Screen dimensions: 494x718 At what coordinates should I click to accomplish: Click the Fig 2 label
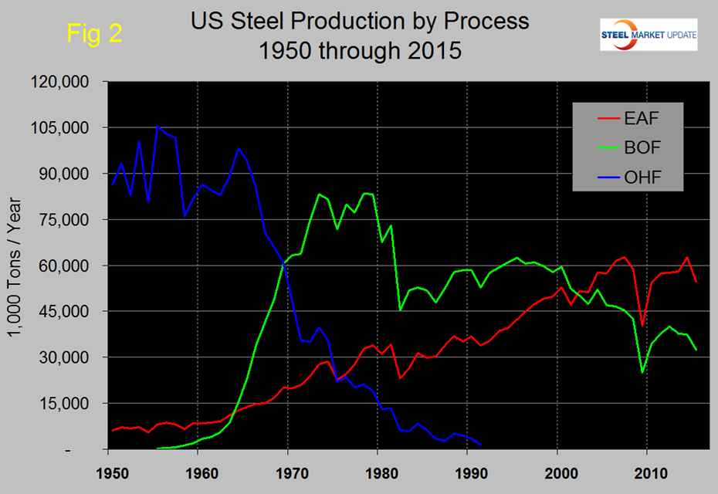click(93, 33)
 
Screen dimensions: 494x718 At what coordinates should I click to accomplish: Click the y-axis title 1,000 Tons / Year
click(17, 265)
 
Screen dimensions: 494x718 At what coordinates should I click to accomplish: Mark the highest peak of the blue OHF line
click(157, 126)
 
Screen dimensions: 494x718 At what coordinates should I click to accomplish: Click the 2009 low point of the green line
click(642, 372)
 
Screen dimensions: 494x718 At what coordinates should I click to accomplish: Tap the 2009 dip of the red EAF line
click(642, 326)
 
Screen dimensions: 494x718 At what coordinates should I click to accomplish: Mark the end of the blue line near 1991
click(481, 445)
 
